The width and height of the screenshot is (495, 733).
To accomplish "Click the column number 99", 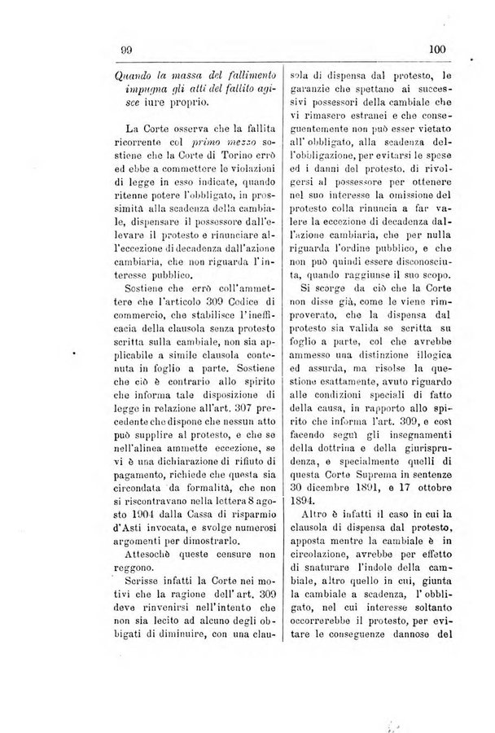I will (x=126, y=50).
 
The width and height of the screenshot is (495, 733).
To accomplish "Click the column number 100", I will (x=437, y=50).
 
